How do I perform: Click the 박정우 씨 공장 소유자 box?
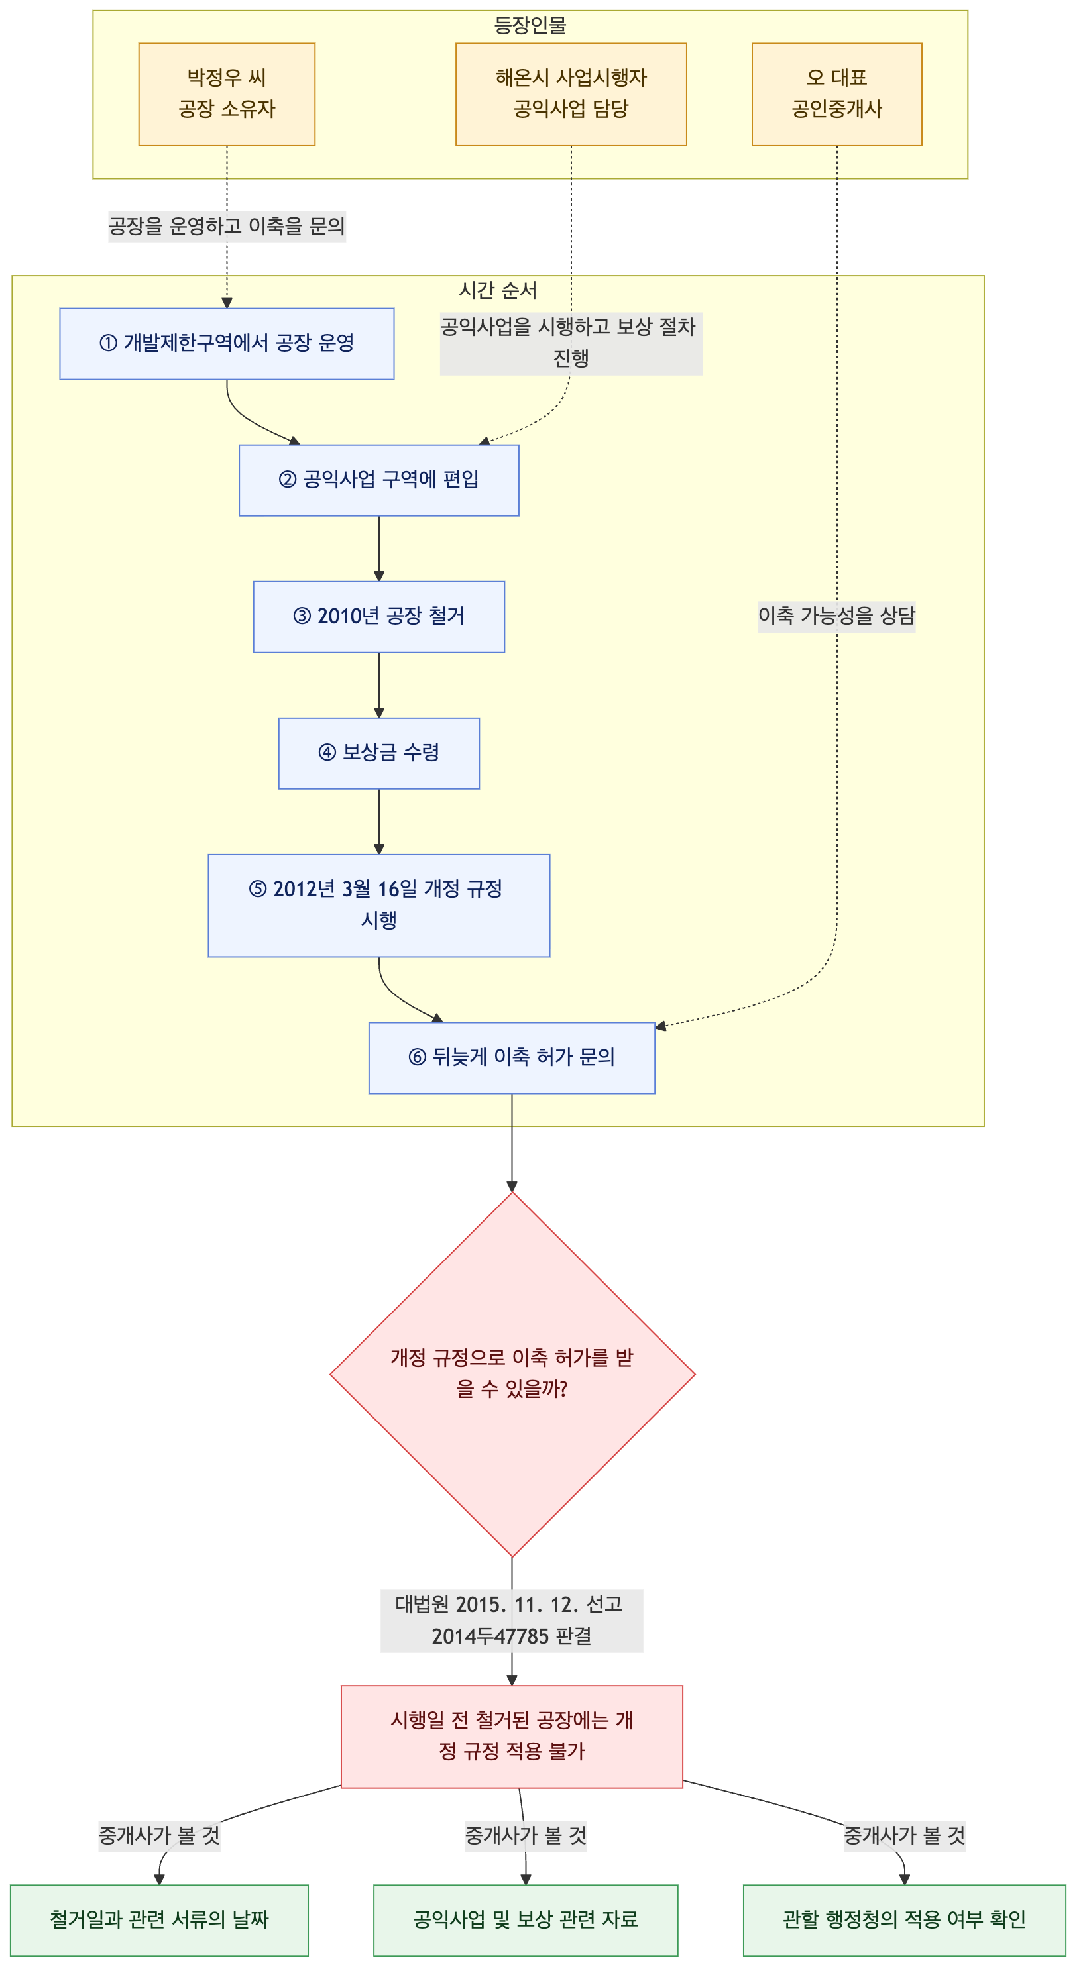coord(227,94)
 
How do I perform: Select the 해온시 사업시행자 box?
coord(571,94)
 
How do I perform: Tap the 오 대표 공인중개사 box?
coord(836,94)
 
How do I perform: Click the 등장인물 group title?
coord(530,25)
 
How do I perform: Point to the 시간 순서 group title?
coord(497,290)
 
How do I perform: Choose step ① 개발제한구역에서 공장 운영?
coord(227,344)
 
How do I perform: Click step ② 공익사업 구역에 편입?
coord(378,480)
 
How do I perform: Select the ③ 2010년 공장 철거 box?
coord(378,616)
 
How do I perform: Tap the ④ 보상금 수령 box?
coord(378,753)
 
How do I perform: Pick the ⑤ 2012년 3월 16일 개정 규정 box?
coord(378,906)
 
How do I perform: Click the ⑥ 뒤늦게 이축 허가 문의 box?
coord(512,1057)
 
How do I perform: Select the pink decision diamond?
coord(512,1374)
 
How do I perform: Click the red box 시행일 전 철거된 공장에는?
coord(512,1736)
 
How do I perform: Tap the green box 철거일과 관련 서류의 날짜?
coord(159,1919)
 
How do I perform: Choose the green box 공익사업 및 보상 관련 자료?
coord(526,1919)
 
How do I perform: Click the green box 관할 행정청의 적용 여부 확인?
coord(904,1919)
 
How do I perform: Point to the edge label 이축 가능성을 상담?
coord(836,616)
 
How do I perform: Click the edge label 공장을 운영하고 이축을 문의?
coord(227,227)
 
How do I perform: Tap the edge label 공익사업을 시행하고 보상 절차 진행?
coord(571,343)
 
